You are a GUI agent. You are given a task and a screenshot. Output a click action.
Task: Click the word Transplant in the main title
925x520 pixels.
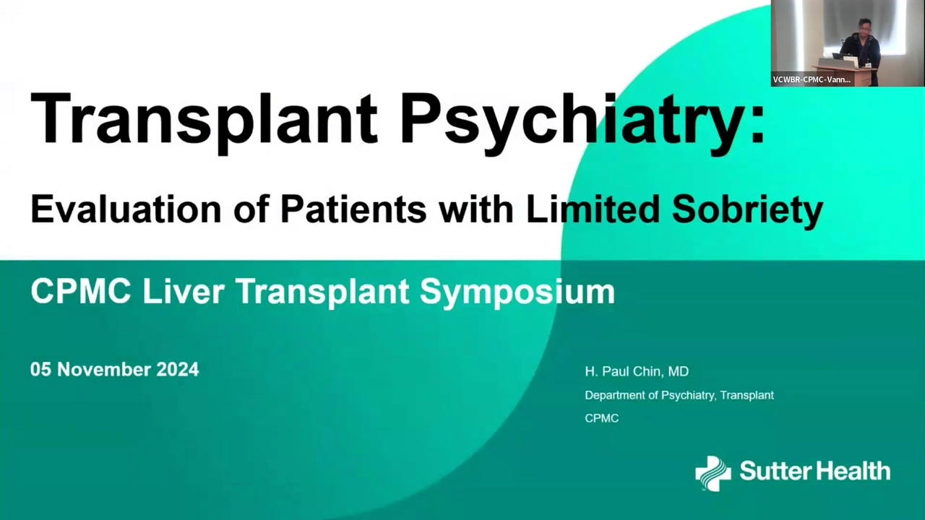click(205, 120)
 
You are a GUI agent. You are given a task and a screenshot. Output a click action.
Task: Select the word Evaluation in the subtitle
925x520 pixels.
click(126, 209)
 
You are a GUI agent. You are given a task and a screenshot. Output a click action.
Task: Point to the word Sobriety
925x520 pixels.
click(747, 210)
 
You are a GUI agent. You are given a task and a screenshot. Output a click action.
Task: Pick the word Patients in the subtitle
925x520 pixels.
click(353, 209)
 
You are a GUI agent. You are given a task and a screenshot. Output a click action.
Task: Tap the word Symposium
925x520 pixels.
click(517, 293)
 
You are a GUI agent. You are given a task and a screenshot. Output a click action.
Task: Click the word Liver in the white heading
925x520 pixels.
click(184, 292)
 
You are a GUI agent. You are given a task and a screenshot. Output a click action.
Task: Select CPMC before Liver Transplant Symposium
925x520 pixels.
click(81, 292)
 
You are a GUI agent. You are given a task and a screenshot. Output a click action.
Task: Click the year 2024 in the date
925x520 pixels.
click(178, 369)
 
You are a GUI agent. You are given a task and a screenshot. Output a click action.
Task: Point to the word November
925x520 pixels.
click(105, 369)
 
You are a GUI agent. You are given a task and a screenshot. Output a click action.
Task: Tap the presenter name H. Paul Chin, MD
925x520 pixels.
click(637, 371)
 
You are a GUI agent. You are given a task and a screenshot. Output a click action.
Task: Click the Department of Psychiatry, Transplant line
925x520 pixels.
click(679, 395)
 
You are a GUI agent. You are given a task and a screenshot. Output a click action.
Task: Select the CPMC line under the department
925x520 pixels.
click(602, 418)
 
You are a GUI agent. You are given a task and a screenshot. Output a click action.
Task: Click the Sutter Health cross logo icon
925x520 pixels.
click(713, 474)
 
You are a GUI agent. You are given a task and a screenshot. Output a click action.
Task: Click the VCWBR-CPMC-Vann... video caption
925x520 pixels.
click(812, 79)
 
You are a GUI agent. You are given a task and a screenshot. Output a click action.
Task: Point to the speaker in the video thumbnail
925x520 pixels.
click(861, 45)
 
